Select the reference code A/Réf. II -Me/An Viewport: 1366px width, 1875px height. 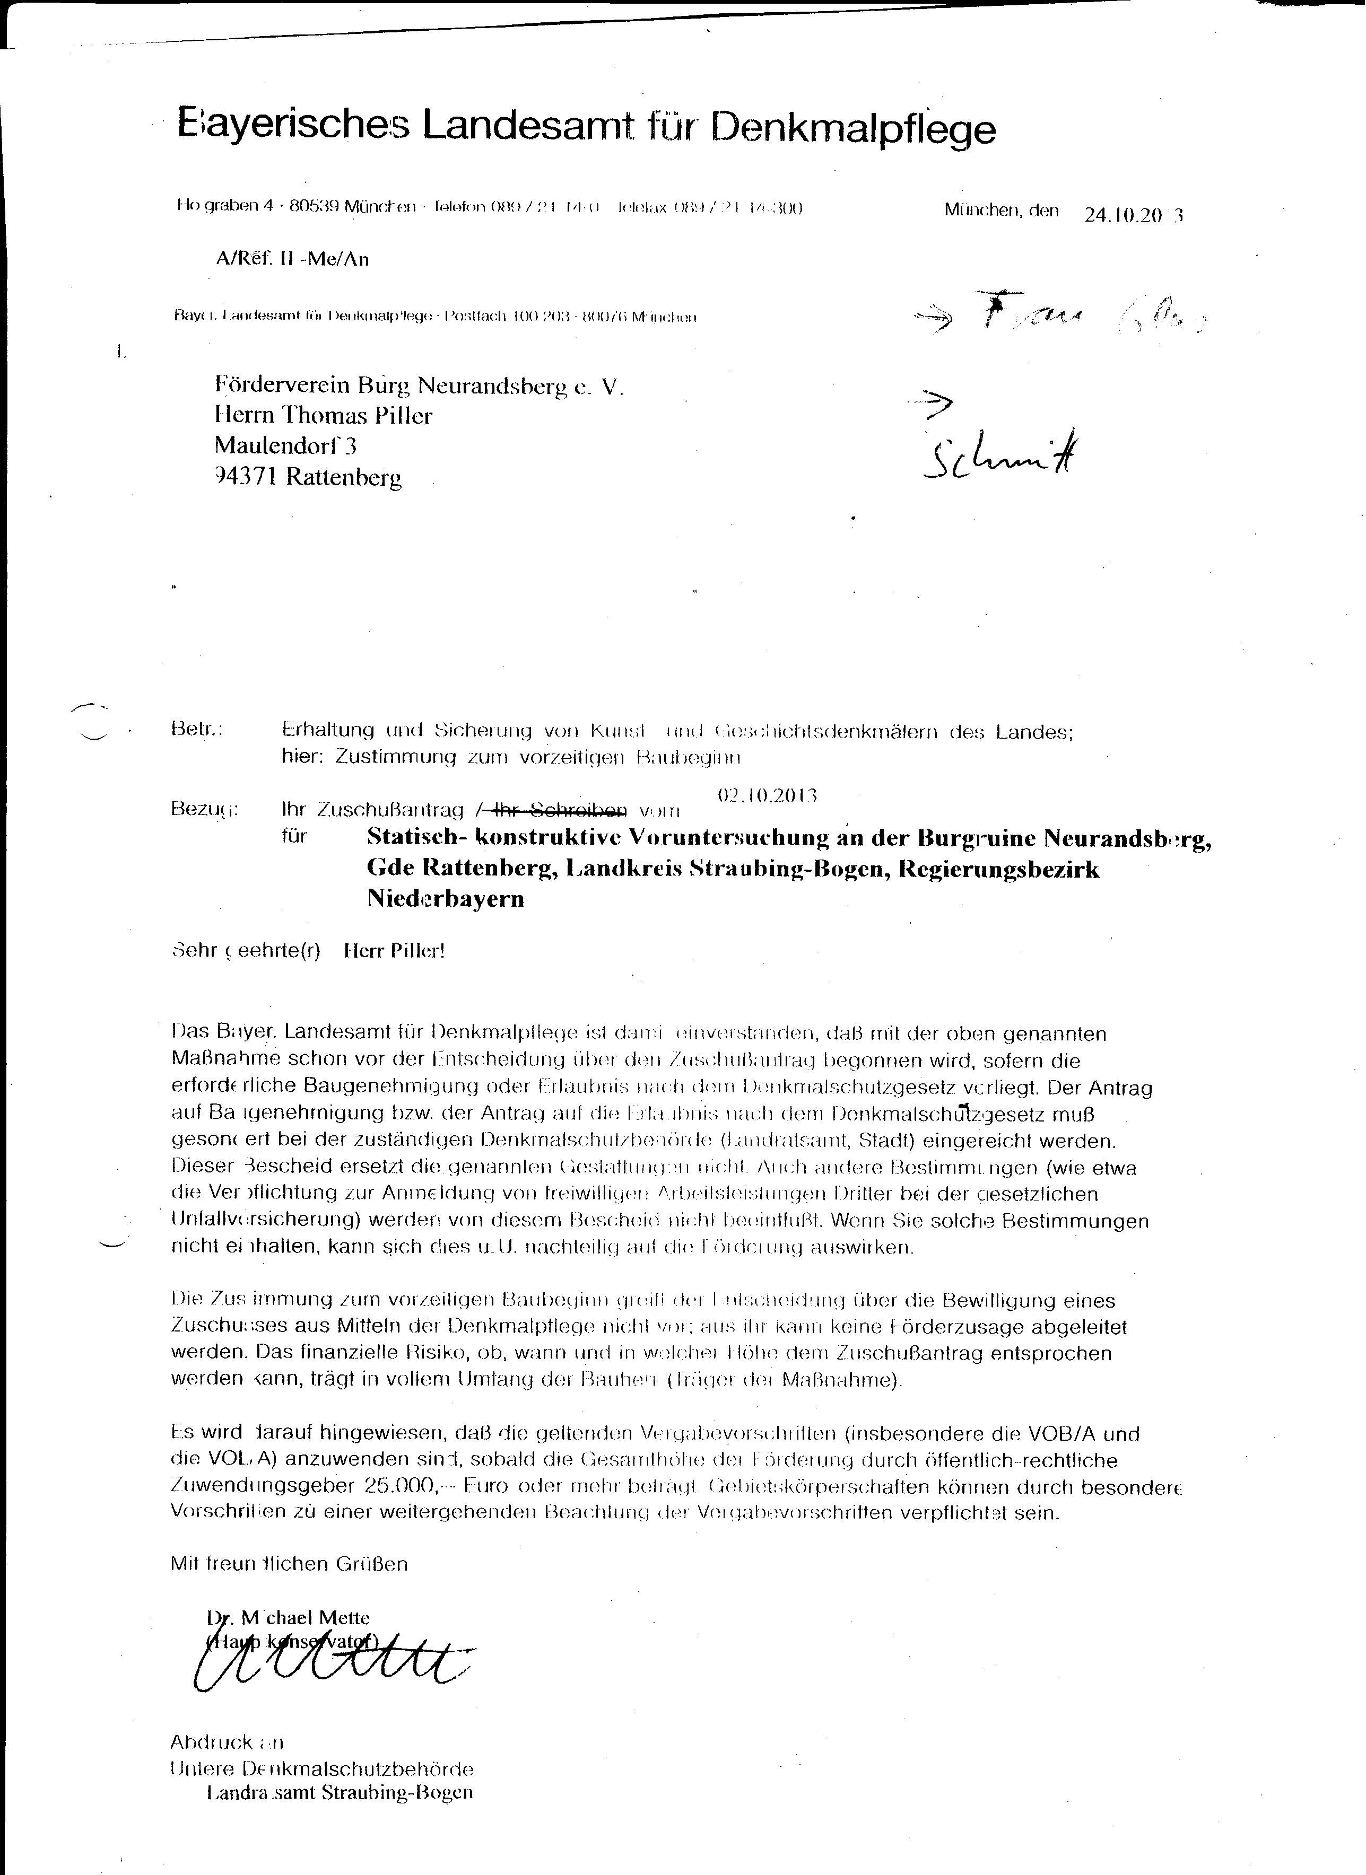tap(292, 260)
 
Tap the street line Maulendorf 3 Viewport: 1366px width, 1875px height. tap(285, 446)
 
